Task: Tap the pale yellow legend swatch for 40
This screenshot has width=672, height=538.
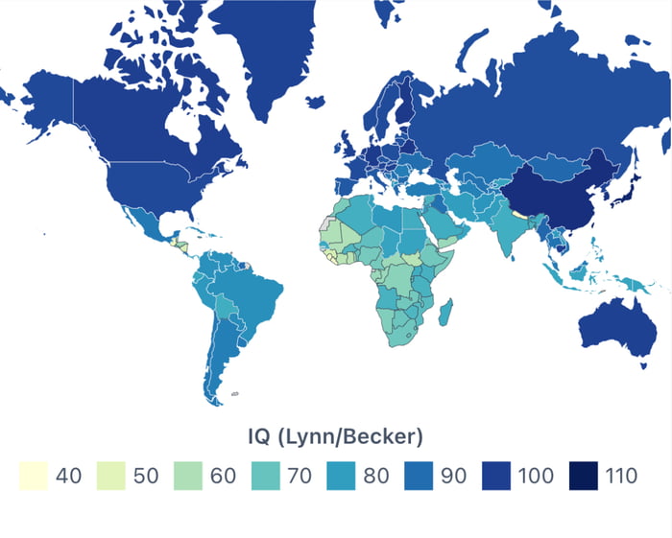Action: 34,475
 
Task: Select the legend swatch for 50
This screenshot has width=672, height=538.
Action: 111,475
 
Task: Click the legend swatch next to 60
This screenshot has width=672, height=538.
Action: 189,475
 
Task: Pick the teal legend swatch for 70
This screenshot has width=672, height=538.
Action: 266,475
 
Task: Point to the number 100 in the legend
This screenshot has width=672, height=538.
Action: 536,476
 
